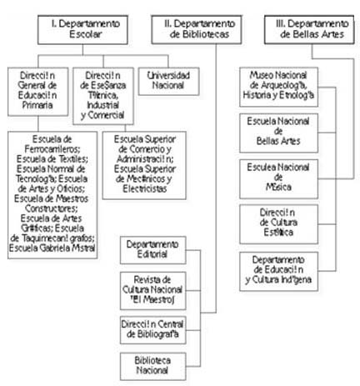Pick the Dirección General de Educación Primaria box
(x=36, y=89)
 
